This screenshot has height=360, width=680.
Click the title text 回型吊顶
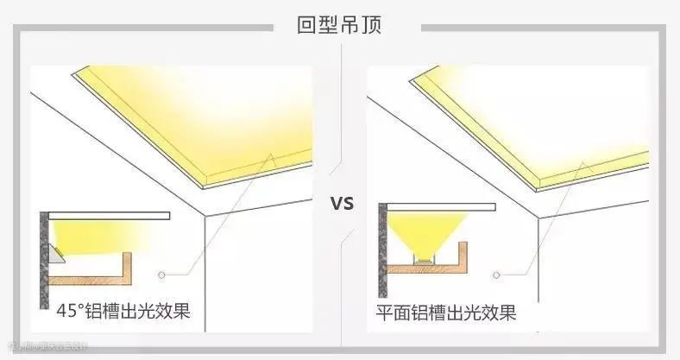(x=339, y=25)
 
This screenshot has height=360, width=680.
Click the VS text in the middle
(x=343, y=205)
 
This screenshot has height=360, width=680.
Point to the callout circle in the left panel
(x=161, y=275)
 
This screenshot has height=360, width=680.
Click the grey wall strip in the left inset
(x=42, y=259)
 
